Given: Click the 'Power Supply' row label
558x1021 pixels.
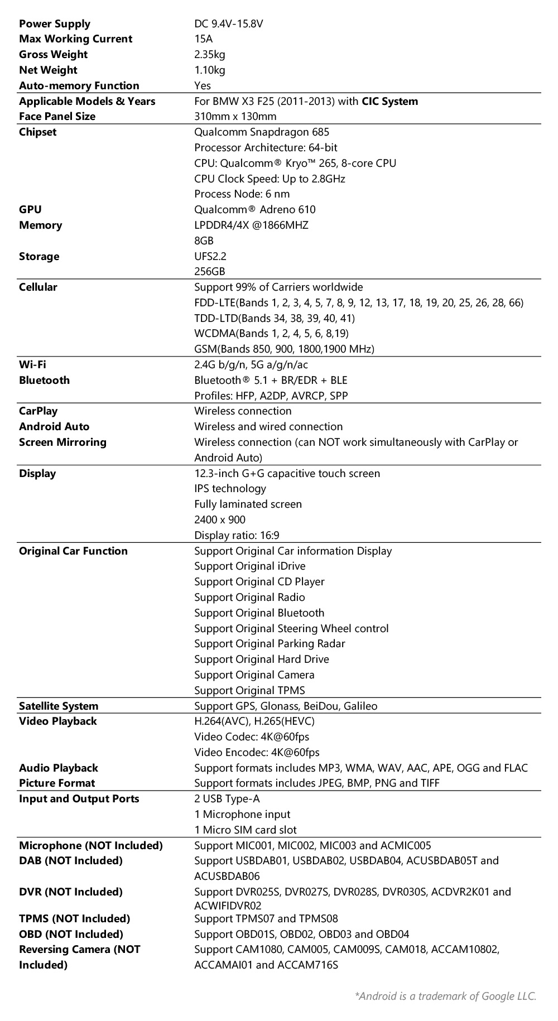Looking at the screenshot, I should point(54,23).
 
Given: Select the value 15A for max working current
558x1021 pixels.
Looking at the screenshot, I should point(203,39).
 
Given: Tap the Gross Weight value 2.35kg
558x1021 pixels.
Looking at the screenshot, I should point(209,55).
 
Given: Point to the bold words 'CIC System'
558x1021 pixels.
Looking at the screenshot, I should point(389,101).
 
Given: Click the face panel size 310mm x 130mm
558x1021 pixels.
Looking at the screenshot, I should point(235,117).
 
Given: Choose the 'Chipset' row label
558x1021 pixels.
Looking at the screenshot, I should point(37,132).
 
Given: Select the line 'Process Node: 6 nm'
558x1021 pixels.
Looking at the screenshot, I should point(242,194).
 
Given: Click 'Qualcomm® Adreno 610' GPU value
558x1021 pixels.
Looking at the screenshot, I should point(254,210).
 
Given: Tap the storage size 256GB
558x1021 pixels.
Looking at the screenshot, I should point(209,272).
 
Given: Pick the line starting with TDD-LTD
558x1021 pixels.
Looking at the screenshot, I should point(274,318).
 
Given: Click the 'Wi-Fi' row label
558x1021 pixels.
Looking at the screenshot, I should point(32,365).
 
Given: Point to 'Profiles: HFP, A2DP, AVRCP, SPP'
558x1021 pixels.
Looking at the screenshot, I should point(271,396).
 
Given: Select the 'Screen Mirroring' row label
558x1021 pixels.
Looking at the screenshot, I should point(62,442).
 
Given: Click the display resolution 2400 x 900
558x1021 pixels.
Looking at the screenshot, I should point(219,520).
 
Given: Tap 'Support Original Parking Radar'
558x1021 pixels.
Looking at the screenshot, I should point(270,644).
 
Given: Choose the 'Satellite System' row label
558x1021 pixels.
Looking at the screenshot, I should point(58,706).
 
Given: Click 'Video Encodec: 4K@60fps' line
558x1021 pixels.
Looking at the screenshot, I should point(257,753).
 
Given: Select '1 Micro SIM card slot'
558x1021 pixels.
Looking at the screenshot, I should point(245,830).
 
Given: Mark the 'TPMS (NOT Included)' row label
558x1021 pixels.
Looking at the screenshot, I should point(74,919).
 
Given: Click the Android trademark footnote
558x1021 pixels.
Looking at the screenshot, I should point(445,996).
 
